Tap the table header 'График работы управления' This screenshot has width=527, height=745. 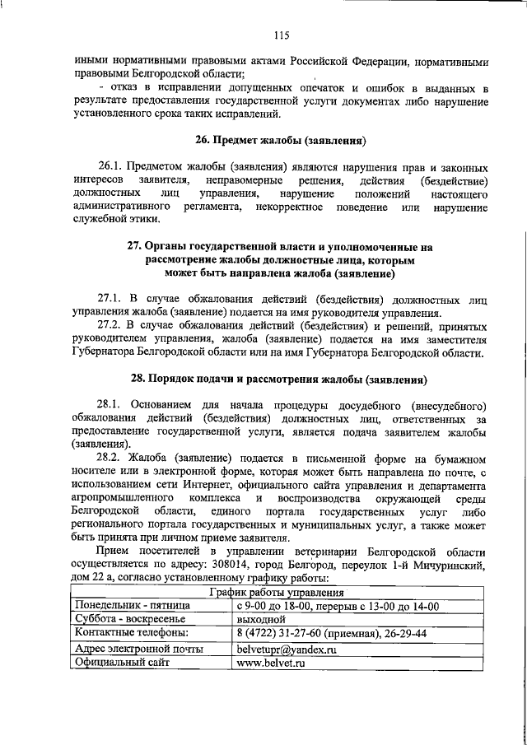275,592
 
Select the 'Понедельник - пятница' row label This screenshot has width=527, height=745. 132,606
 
